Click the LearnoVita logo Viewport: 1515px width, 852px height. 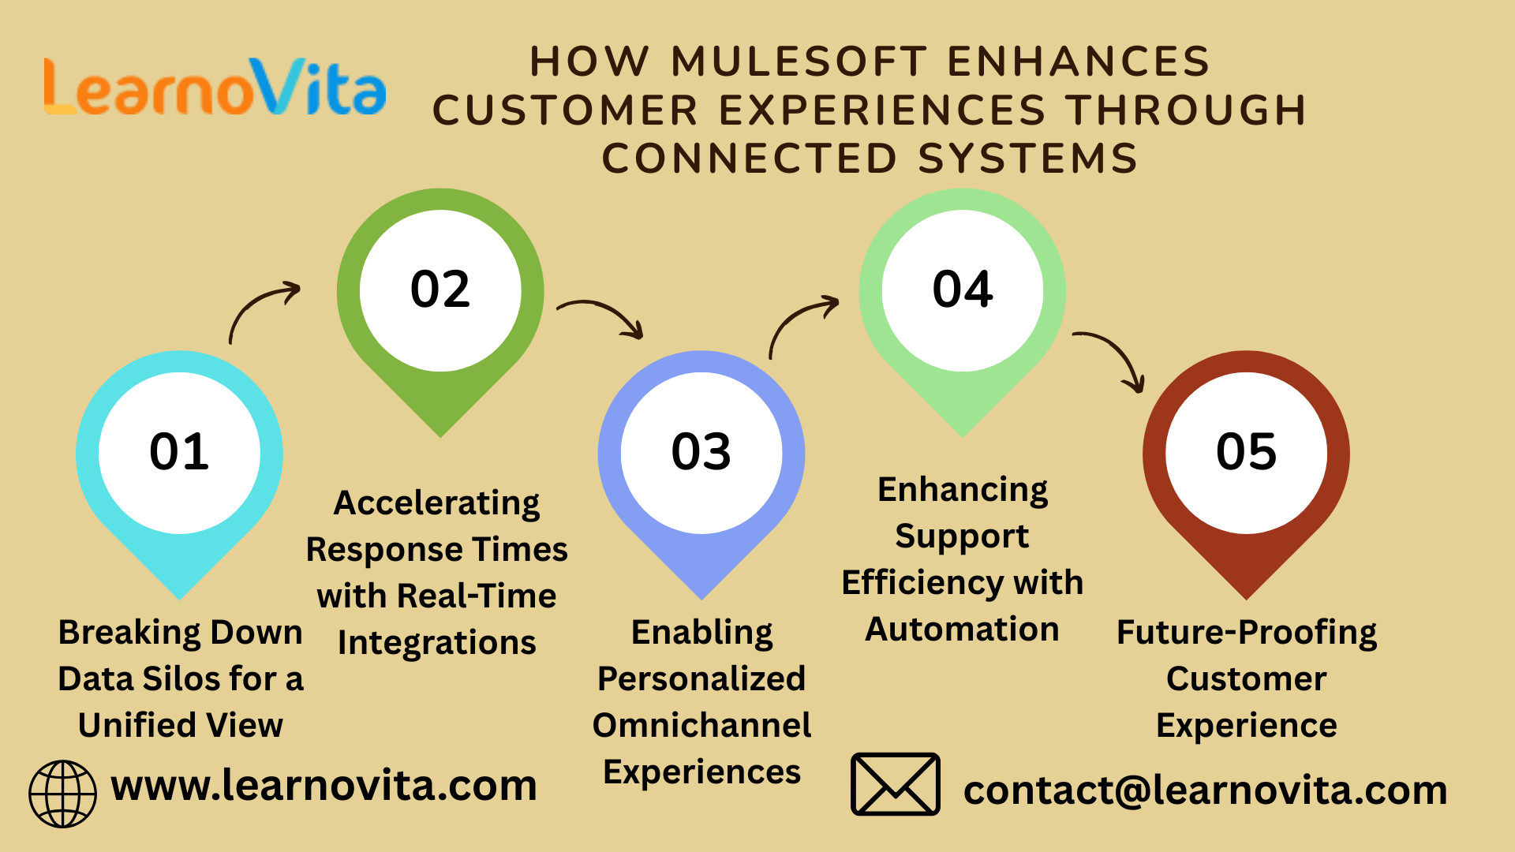(x=215, y=87)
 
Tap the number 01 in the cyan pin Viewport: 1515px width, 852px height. (x=179, y=451)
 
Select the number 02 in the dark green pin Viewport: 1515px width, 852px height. (x=440, y=289)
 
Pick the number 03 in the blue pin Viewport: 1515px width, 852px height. (x=701, y=451)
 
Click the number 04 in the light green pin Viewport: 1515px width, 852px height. (x=963, y=289)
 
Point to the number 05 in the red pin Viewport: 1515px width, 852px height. (x=1247, y=451)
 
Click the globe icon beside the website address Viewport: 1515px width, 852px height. (x=62, y=794)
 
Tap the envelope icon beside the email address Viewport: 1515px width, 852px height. (x=896, y=784)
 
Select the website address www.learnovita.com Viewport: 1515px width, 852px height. (x=324, y=786)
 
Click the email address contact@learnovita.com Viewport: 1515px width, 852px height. (x=1205, y=790)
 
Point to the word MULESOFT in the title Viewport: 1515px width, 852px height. (x=799, y=62)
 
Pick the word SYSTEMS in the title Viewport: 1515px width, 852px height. (x=1027, y=158)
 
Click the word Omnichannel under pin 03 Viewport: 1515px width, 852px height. (x=701, y=725)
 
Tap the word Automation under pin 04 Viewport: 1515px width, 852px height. (x=962, y=629)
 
